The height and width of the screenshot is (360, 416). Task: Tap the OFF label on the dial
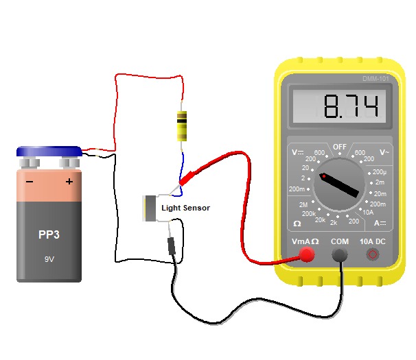tap(339, 147)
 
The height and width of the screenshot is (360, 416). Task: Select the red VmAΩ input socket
tap(306, 255)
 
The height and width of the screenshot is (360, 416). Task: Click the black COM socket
tap(339, 255)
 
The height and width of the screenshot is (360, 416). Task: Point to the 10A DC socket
tap(373, 255)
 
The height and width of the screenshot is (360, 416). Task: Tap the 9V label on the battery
tap(49, 260)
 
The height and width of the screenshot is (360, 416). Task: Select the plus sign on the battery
tap(69, 182)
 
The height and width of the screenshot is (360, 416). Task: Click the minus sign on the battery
tap(30, 182)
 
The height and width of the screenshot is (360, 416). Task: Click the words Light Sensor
tap(185, 208)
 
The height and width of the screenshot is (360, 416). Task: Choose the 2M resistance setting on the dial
tap(303, 205)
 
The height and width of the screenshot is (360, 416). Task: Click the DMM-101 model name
tap(375, 79)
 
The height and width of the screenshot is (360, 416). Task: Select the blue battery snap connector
tap(49, 152)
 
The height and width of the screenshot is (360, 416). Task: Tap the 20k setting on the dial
tap(320, 220)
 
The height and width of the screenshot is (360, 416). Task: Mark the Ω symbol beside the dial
tap(297, 224)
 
